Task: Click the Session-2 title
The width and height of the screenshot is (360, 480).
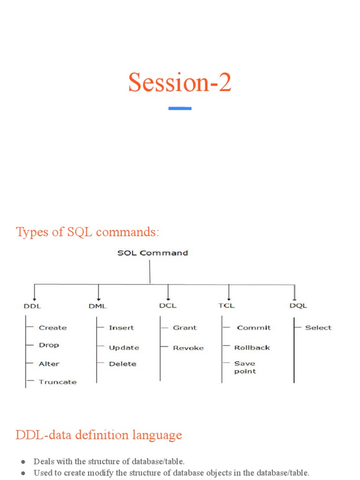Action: point(180,83)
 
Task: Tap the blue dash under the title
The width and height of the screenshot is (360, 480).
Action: point(180,108)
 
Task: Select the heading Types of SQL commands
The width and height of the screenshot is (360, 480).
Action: point(88,232)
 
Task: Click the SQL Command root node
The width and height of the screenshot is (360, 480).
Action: point(152,253)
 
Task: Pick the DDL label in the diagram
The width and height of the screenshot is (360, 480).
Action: point(32,306)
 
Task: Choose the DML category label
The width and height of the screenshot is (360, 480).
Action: point(97,306)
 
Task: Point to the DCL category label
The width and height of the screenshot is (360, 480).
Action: point(167,306)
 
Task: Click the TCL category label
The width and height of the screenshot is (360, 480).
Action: point(226,306)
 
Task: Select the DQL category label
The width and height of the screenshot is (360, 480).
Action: point(298,306)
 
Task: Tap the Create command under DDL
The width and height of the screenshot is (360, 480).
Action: point(52,328)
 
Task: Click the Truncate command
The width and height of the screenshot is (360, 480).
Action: point(57,382)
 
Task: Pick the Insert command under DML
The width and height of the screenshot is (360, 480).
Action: point(121,328)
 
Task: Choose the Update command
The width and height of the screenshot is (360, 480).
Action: point(124,348)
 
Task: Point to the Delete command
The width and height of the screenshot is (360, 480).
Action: point(122,364)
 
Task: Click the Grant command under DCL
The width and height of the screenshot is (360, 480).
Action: point(185,328)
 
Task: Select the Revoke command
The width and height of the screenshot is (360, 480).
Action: point(188,348)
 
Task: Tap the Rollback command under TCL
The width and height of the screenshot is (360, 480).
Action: point(252,348)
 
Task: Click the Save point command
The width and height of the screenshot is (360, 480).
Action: point(245,367)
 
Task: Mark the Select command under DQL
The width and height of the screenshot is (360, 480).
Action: point(318,328)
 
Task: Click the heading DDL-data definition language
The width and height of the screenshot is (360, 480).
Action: point(98,435)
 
